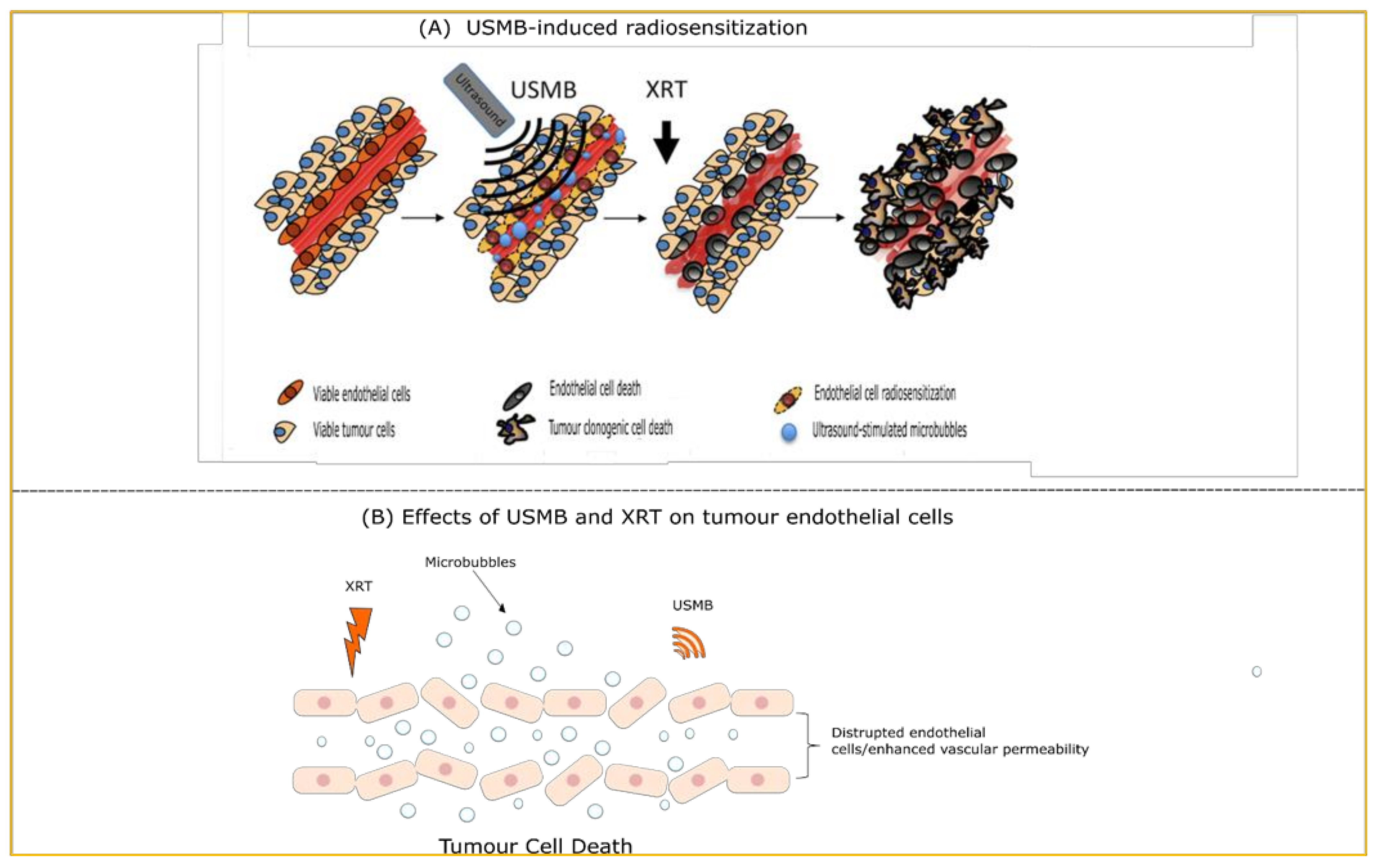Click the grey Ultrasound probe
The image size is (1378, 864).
(479, 100)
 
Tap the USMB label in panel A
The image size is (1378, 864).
(543, 90)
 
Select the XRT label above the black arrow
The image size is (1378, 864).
(666, 90)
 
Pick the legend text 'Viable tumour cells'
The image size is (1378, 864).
(354, 430)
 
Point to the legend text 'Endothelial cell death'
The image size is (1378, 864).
(595, 389)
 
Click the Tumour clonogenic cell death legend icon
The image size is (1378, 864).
(515, 428)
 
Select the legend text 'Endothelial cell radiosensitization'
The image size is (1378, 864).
(885, 393)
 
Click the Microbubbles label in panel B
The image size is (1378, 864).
(470, 562)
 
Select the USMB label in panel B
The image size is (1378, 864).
(693, 605)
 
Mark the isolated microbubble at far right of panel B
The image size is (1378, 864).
(1257, 671)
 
